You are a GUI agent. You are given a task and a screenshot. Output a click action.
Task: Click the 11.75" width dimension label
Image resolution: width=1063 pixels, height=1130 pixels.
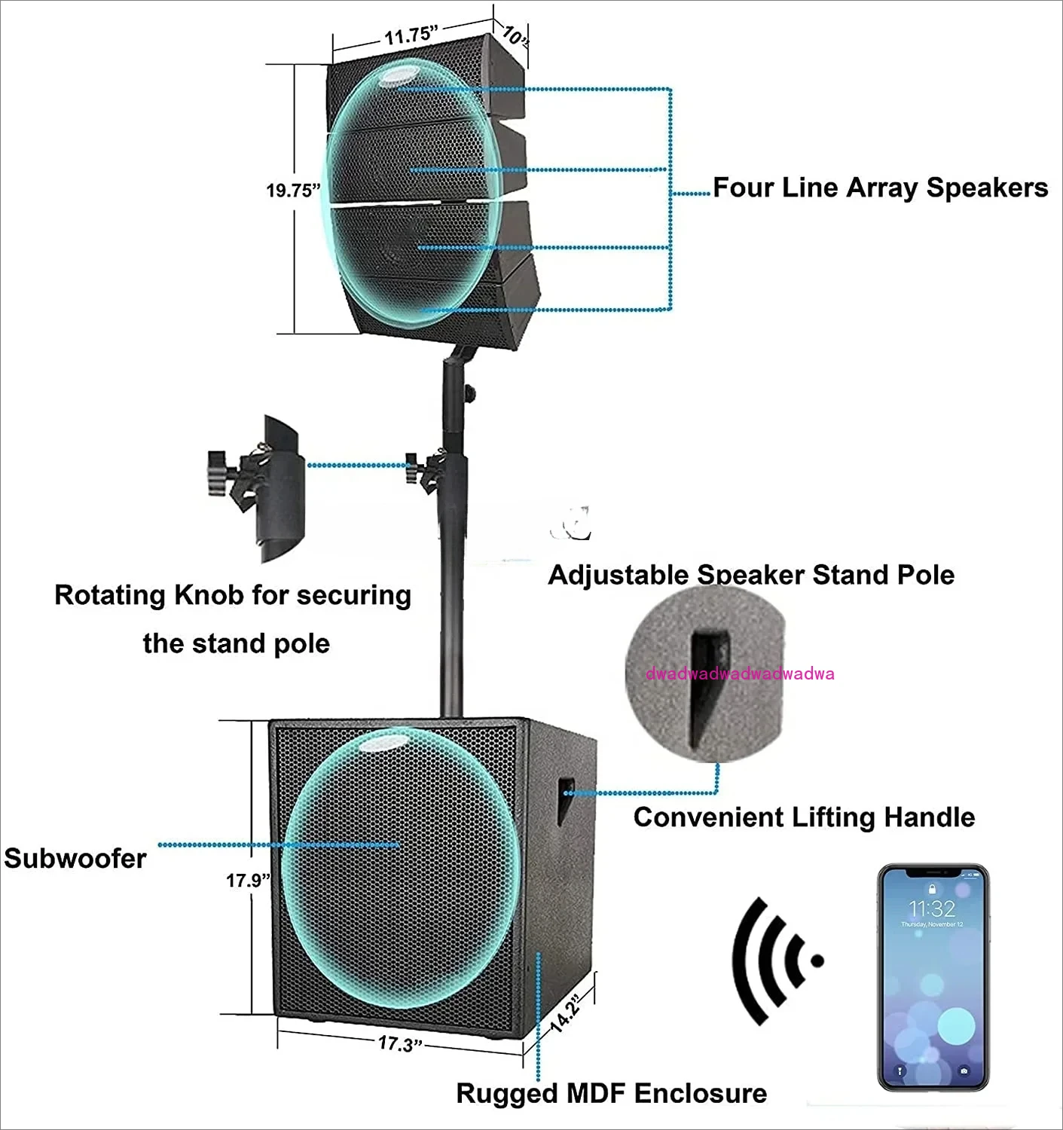click(x=411, y=35)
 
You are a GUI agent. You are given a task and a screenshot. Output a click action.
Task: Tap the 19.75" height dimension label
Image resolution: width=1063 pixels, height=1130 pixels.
click(x=293, y=190)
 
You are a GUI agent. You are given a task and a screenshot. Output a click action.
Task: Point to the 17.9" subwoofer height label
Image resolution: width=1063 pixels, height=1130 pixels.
click(x=248, y=880)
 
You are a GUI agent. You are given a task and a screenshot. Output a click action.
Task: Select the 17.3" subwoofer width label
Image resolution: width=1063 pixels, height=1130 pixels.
click(x=401, y=1043)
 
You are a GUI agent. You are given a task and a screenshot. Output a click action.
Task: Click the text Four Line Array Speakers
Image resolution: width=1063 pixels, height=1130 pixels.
click(x=880, y=187)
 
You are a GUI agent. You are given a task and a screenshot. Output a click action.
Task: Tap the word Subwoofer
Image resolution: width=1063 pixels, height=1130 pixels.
click(x=75, y=858)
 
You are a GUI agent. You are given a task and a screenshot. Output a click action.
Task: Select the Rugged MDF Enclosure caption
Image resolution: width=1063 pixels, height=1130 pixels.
click(x=611, y=1093)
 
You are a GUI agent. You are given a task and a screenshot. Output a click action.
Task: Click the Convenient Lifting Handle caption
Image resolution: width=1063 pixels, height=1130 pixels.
click(x=804, y=817)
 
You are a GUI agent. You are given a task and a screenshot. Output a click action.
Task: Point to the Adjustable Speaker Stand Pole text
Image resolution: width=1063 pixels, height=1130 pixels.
click(x=751, y=575)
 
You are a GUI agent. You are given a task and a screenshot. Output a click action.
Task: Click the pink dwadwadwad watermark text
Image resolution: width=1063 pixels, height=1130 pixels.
click(x=740, y=673)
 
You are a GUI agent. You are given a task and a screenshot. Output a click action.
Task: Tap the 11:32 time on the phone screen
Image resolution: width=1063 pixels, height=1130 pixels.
click(x=932, y=908)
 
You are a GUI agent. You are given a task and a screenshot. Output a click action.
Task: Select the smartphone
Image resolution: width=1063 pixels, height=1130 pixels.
click(x=933, y=978)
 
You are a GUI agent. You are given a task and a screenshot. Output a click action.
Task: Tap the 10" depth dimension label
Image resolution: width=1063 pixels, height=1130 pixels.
click(x=515, y=36)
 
